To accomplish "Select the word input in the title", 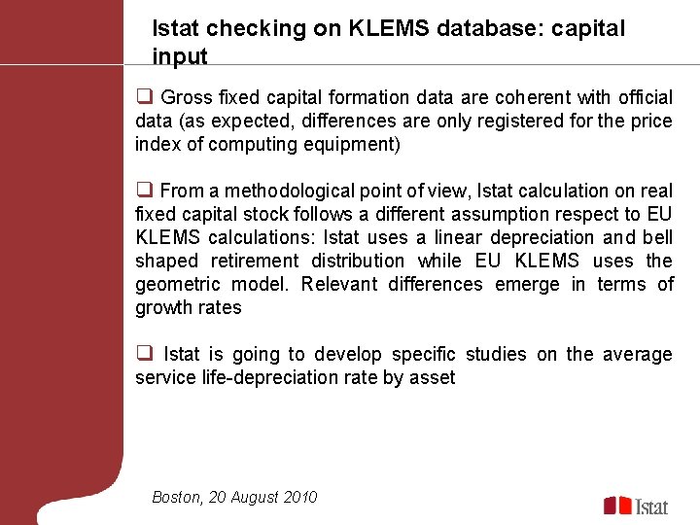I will [x=180, y=56].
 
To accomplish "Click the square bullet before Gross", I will [x=143, y=96].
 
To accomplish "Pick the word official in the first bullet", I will [x=640, y=97].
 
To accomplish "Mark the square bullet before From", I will [x=143, y=190].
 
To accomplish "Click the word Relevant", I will [x=337, y=284].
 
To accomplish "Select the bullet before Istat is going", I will [x=143, y=353].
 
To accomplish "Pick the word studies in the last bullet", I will [x=492, y=354].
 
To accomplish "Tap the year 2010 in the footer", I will [x=300, y=497].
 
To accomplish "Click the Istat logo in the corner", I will [x=636, y=505].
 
